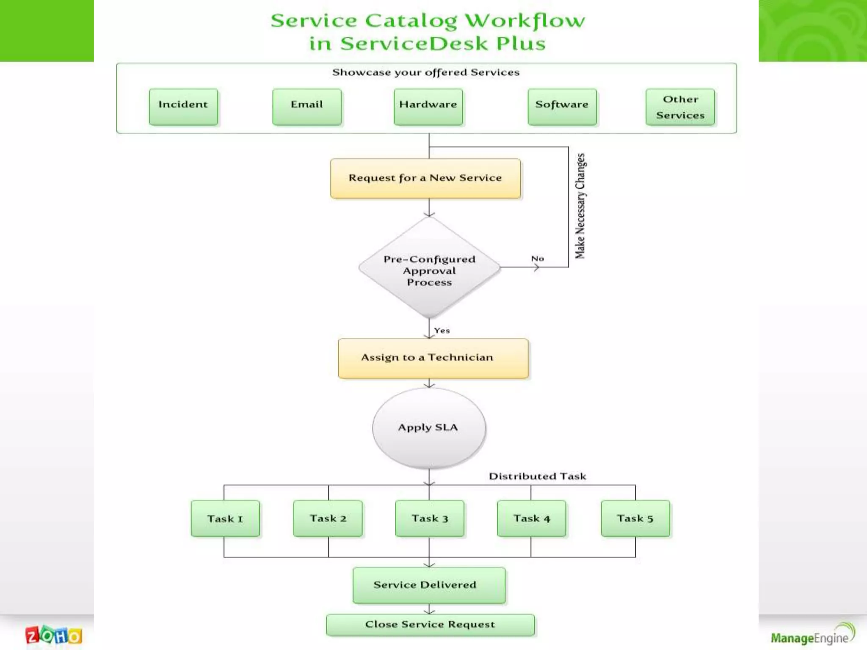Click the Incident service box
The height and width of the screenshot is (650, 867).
[183, 107]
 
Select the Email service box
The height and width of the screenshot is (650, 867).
[307, 107]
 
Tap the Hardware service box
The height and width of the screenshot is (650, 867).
[428, 107]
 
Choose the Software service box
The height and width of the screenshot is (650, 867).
[562, 107]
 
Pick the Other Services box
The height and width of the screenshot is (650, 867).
[680, 107]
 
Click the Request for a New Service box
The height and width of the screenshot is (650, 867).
[425, 178]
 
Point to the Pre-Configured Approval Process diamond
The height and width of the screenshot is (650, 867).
[429, 268]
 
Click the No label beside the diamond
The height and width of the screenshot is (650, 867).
[537, 259]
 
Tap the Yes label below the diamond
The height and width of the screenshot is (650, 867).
[442, 331]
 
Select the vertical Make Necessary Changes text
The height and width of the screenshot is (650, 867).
[580, 206]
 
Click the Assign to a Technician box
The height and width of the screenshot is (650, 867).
[433, 358]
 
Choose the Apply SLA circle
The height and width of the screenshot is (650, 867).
[429, 427]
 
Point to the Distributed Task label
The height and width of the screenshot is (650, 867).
[537, 476]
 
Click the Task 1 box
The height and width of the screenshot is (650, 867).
[225, 518]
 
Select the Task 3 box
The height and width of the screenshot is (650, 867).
[430, 518]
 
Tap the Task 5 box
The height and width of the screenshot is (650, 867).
[635, 518]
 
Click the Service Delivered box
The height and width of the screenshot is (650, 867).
[429, 585]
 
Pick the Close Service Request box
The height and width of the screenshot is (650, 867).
[430, 625]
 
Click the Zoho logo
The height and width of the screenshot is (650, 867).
[54, 635]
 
